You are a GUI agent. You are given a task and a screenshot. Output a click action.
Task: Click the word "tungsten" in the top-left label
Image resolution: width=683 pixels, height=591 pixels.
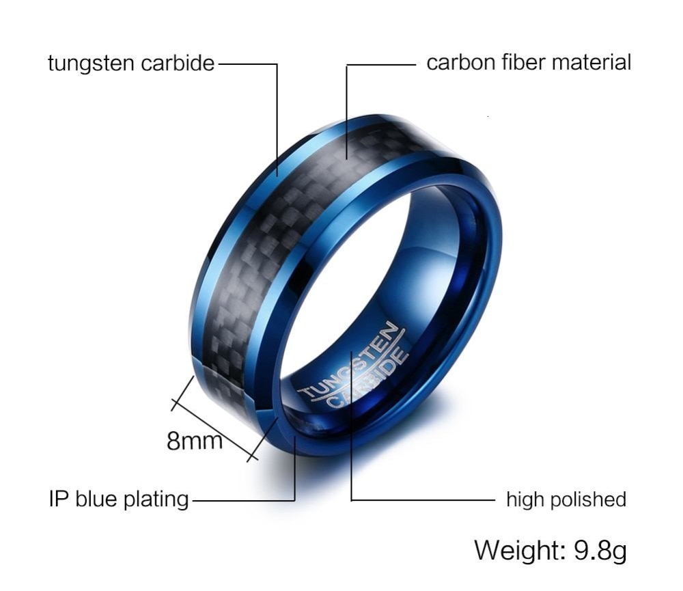coord(91,64)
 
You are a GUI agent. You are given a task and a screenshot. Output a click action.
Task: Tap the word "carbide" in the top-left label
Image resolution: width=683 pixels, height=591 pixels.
coord(178,63)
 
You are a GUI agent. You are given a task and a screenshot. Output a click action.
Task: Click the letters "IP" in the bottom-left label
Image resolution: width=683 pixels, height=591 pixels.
coord(57,499)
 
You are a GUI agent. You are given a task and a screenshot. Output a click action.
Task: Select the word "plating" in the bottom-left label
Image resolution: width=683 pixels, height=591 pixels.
coord(156,499)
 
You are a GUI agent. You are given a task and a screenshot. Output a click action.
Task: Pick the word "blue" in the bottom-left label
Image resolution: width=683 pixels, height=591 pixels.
coord(96,499)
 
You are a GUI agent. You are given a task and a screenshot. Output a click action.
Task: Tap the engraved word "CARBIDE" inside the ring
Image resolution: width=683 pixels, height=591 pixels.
coord(368,379)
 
